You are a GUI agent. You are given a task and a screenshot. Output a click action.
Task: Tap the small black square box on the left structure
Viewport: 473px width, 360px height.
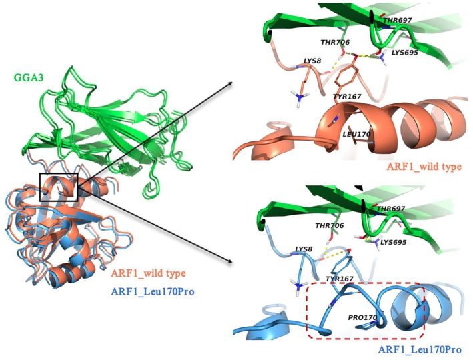click(59, 187)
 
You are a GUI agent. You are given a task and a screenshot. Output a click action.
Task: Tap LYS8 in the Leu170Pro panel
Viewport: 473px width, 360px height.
click(304, 249)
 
